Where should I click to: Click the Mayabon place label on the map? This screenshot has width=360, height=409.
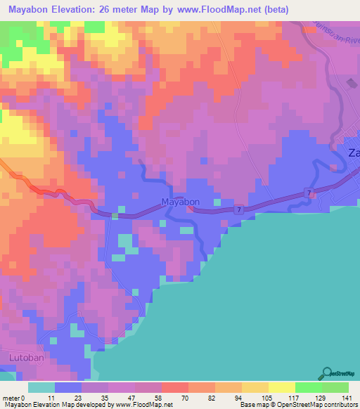pyautogui.click(x=181, y=202)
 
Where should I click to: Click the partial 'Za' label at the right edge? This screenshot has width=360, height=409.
pyautogui.click(x=354, y=154)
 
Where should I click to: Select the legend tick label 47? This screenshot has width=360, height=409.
pyautogui.click(x=134, y=398)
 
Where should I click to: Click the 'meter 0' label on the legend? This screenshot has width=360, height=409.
pyautogui.click(x=15, y=398)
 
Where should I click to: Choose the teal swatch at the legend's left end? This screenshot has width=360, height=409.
pyautogui.click(x=41, y=387)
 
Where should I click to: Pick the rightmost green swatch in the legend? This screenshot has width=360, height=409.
pyautogui.click(x=335, y=387)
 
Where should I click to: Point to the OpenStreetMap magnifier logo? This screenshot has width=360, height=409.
pyautogui.click(x=328, y=373)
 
